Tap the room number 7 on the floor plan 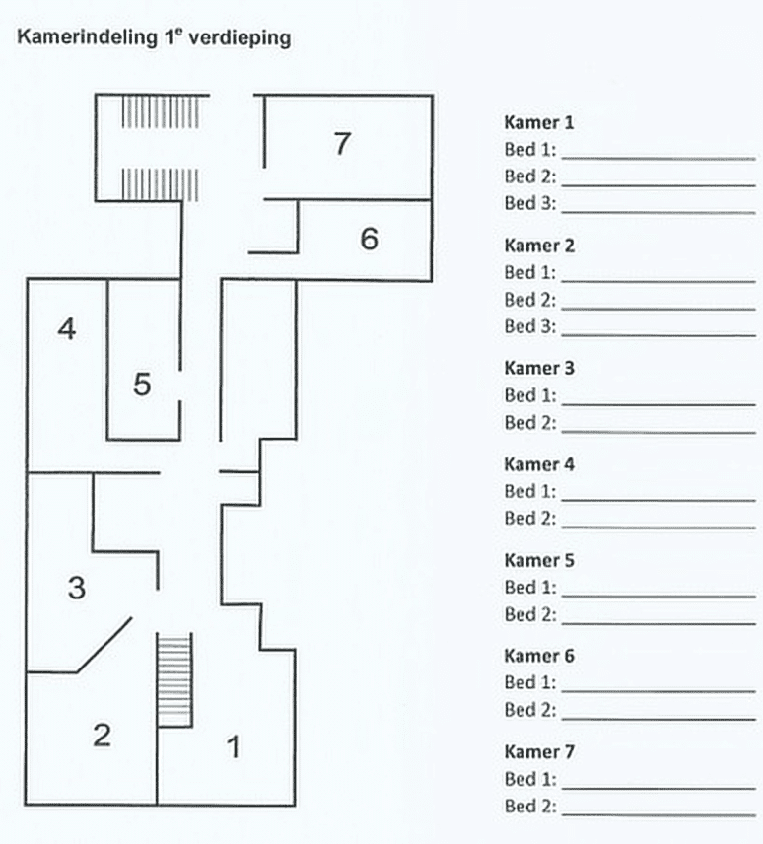pos(341,144)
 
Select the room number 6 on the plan pos(369,238)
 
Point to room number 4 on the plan pos(66,329)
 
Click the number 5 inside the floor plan pos(142,385)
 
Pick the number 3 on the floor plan pos(76,589)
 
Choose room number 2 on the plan pos(102,735)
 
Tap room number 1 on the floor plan pos(234,747)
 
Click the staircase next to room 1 pos(174,680)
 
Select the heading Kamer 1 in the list pos(538,123)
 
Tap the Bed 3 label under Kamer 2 pos(530,326)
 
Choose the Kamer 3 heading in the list pos(538,369)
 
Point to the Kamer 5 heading pos(538,560)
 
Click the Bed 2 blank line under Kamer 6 pos(658,718)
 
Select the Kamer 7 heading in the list pos(538,752)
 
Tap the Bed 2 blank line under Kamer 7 pos(658,814)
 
